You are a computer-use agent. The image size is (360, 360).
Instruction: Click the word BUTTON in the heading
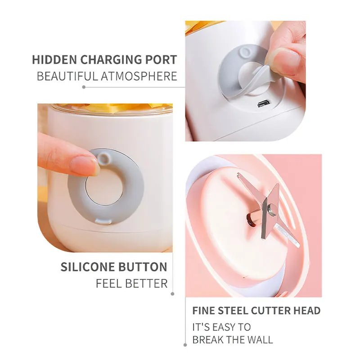[143, 266]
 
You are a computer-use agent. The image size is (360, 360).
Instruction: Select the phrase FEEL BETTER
[131, 283]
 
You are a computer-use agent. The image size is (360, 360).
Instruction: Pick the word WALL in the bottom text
[260, 339]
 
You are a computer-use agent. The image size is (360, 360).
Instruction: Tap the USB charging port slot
[262, 104]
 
